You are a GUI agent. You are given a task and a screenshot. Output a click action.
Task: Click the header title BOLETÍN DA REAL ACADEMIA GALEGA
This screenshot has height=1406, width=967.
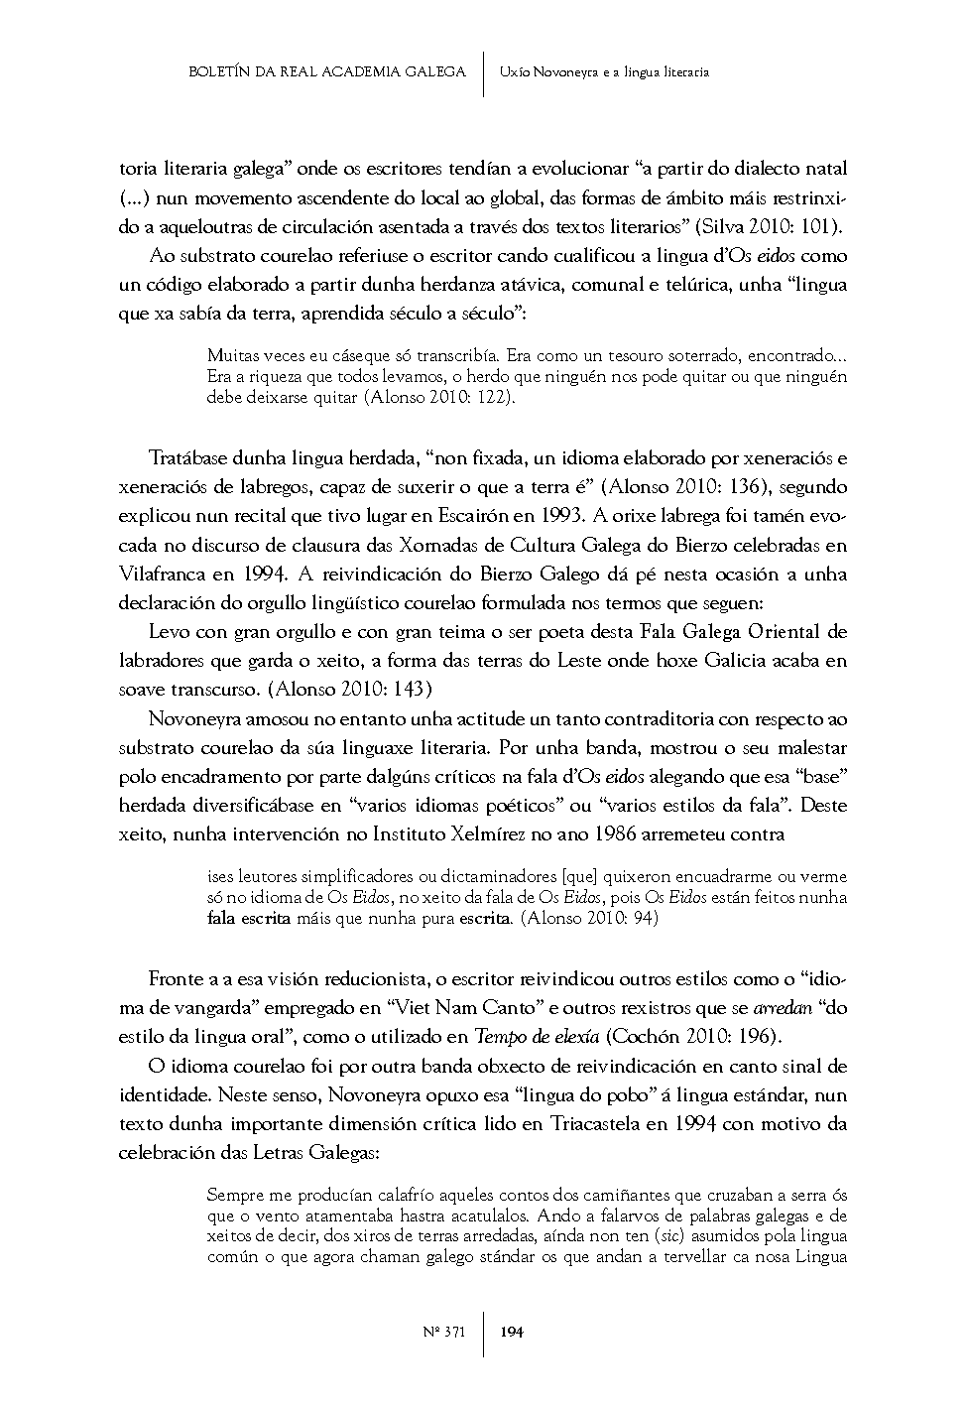(327, 71)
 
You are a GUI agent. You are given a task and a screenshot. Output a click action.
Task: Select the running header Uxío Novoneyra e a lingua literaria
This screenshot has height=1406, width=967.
(604, 71)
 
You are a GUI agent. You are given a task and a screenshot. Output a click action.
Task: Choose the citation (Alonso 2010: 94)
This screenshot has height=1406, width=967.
(590, 918)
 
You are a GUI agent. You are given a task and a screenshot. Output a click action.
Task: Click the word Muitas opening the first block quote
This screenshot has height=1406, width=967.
(231, 355)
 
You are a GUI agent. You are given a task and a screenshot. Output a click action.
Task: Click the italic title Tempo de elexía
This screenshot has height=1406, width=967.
(537, 1037)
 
